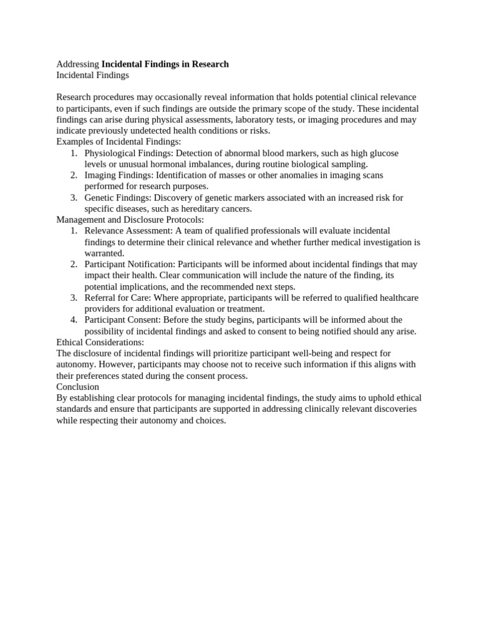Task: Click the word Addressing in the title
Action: coord(77,64)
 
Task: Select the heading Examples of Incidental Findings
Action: coord(119,142)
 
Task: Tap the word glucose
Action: coord(383,153)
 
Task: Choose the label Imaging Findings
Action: coord(119,175)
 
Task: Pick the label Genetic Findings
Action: coord(117,198)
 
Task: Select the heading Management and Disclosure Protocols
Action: coord(130,220)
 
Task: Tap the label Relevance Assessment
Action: coord(128,231)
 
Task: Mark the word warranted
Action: coord(104,253)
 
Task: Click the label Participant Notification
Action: coord(130,265)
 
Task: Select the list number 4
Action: coord(74,320)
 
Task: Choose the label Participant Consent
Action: coord(122,320)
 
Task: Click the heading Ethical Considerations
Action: coord(100,343)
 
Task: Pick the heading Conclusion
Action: coord(77,387)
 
